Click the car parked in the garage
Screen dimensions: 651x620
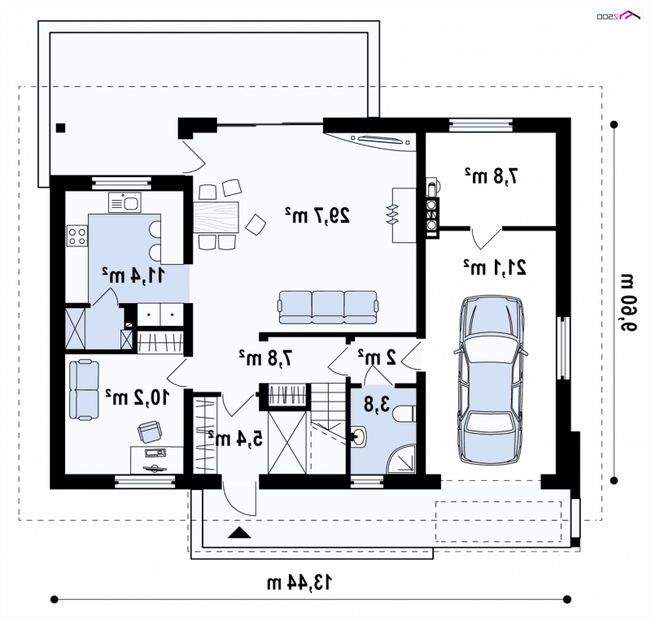(x=491, y=380)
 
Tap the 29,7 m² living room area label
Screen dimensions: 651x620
(x=317, y=215)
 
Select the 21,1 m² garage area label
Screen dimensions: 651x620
(x=495, y=267)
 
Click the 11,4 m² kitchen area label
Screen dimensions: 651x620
(x=133, y=275)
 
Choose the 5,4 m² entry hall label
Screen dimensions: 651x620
(x=235, y=438)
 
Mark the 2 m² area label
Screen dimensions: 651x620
(x=378, y=357)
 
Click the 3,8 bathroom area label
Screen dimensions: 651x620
(x=377, y=404)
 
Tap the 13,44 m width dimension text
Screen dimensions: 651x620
(x=299, y=583)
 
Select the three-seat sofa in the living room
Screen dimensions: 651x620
(x=328, y=307)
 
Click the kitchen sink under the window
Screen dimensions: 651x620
(x=125, y=202)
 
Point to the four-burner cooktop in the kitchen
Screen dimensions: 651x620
(x=77, y=236)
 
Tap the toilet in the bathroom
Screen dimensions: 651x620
(x=404, y=414)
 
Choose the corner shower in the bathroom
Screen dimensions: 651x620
(x=401, y=459)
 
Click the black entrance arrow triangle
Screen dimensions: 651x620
(x=239, y=532)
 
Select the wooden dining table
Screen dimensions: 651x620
(x=216, y=217)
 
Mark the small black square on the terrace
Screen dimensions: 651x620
(x=60, y=128)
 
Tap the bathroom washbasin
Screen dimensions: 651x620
(x=358, y=436)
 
